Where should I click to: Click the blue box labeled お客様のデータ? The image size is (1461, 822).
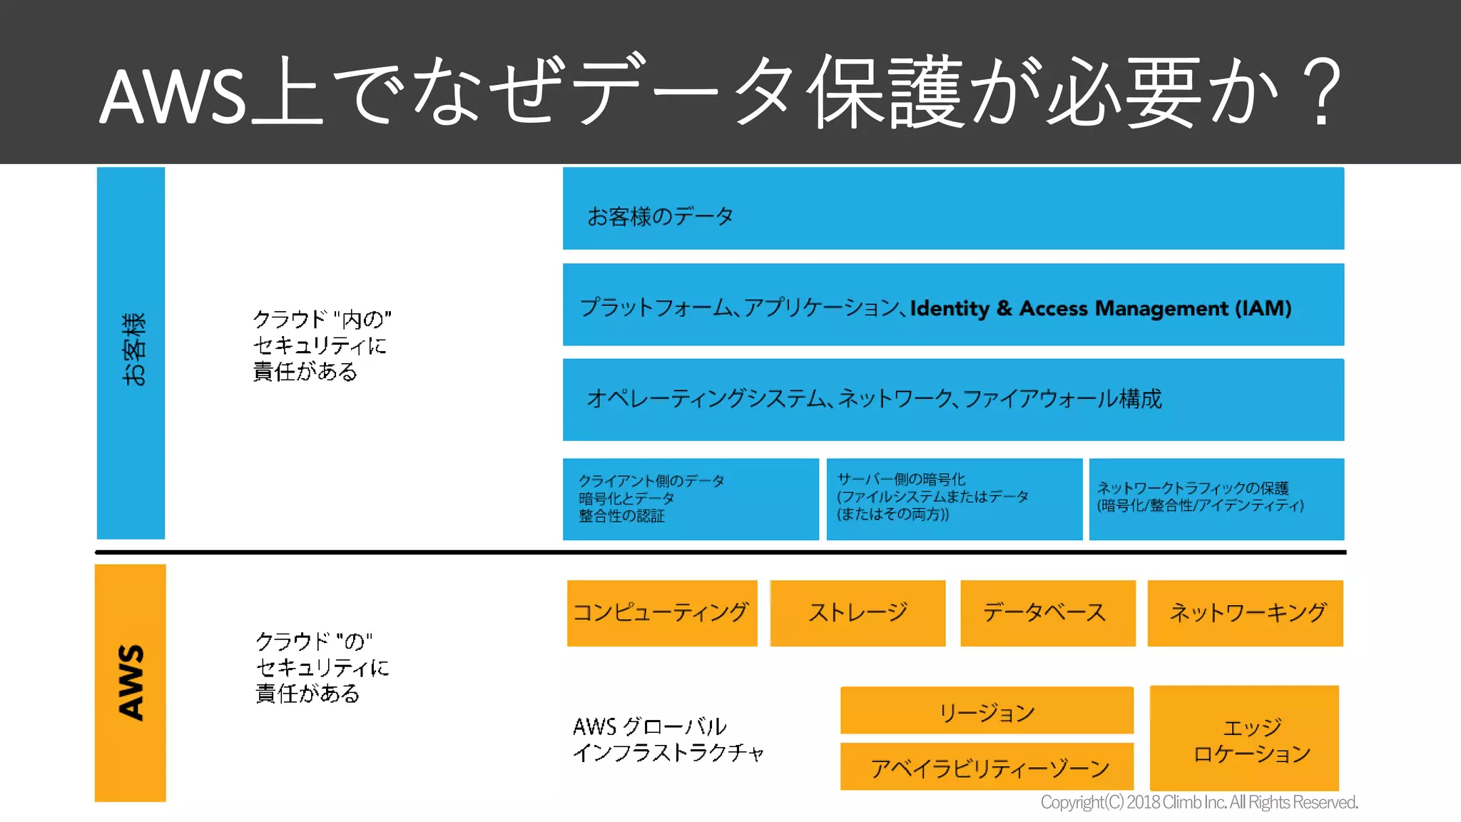[953, 208]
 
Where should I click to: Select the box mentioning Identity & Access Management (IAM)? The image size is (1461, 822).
[953, 305]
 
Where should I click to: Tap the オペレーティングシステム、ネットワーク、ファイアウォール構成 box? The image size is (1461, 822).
[953, 400]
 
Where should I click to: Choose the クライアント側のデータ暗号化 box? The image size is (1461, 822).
[691, 499]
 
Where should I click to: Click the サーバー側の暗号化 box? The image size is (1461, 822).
[954, 499]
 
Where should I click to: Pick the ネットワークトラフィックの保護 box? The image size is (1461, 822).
[1216, 499]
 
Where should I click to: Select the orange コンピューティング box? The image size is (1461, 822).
[662, 613]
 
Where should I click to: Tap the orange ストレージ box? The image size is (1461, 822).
[857, 613]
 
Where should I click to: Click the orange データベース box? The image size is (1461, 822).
[1047, 613]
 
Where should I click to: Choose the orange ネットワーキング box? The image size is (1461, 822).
[1245, 613]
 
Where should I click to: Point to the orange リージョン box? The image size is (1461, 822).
[987, 711]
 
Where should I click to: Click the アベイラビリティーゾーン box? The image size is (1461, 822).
[987, 766]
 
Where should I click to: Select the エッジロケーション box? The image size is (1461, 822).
[1244, 738]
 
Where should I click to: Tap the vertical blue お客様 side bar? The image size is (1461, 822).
[131, 352]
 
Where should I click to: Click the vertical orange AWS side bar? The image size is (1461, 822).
[131, 683]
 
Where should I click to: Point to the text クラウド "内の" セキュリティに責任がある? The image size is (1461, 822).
[322, 345]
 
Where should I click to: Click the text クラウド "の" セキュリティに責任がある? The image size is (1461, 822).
[322, 667]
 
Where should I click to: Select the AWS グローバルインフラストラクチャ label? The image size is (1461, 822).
[668, 739]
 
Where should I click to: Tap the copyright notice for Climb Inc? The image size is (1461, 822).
[1198, 803]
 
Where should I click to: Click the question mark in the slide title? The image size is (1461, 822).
[1322, 93]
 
